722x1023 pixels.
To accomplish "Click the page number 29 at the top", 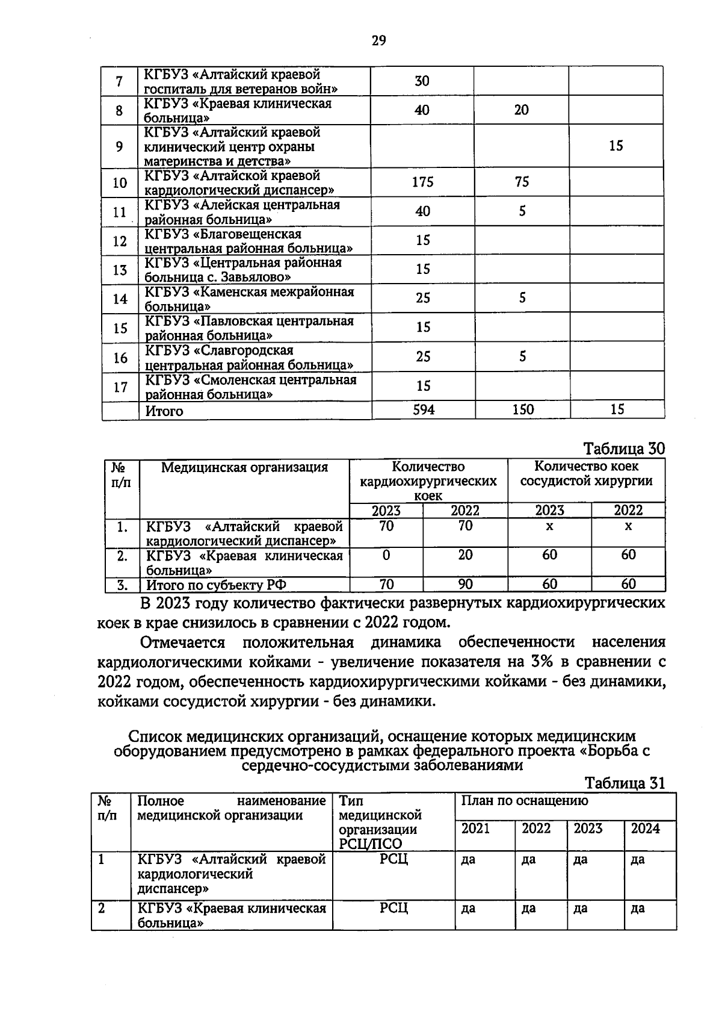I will pos(378,41).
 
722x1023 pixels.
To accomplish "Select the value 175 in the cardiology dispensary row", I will pos(422,182).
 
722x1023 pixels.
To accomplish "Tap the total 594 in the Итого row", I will pos(423,409).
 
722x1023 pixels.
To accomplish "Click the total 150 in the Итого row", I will pos(522,409).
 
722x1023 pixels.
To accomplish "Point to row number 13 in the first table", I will pos(120,270).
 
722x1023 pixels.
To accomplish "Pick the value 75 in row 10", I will pos(522,182).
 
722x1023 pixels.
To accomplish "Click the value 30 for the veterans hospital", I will pos(422,81).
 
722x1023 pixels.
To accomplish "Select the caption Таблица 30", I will pos(624,449).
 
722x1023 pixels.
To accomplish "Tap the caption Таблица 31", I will pos(624,783).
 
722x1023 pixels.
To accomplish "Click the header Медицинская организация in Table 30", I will pos(244,467).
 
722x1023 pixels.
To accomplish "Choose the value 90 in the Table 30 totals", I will pos(465,584).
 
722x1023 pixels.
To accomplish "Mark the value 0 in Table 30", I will pos(386,555).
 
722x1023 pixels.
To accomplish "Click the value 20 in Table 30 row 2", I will pos(465,555).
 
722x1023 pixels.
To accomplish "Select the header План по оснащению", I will pos(525,801).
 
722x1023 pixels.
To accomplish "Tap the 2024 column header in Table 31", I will pos(645,829).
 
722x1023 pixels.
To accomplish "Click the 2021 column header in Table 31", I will pos(475,829).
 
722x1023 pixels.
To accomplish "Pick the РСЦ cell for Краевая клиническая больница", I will pos(393,907).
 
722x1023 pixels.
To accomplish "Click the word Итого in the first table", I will pos(164,411).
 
